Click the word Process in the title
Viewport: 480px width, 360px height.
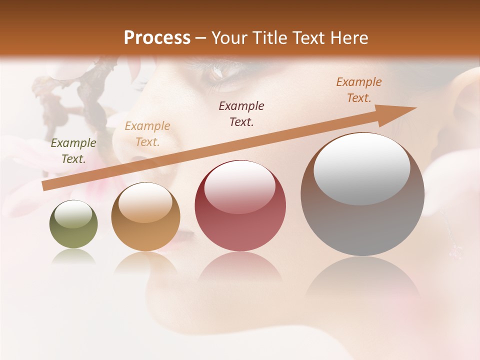(157, 38)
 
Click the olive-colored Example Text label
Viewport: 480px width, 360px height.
(73, 151)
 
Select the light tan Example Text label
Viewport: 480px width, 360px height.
(147, 134)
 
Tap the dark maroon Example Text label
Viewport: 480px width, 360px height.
(241, 114)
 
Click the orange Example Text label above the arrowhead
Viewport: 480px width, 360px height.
(358, 90)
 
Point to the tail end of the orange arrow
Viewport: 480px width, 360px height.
(45, 186)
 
